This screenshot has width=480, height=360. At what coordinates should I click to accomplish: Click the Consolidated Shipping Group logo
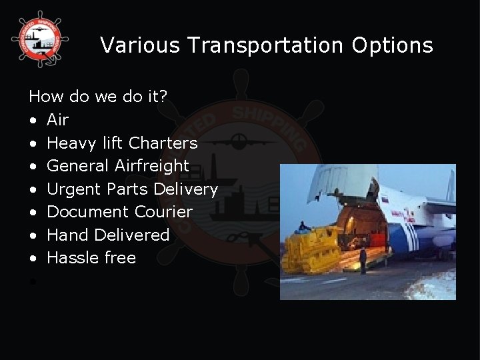[39, 39]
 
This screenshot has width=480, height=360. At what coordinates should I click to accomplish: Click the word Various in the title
[140, 45]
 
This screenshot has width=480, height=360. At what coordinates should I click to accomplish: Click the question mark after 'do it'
[164, 97]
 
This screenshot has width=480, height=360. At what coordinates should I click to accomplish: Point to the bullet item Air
[58, 120]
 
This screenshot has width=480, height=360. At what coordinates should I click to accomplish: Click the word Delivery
[185, 189]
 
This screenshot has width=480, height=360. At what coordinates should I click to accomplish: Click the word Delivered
[132, 235]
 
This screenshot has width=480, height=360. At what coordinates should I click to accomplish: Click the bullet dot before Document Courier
[33, 213]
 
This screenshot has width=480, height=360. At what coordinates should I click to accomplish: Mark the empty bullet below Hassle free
[33, 281]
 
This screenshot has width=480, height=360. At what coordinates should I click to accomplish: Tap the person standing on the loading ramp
[363, 259]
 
